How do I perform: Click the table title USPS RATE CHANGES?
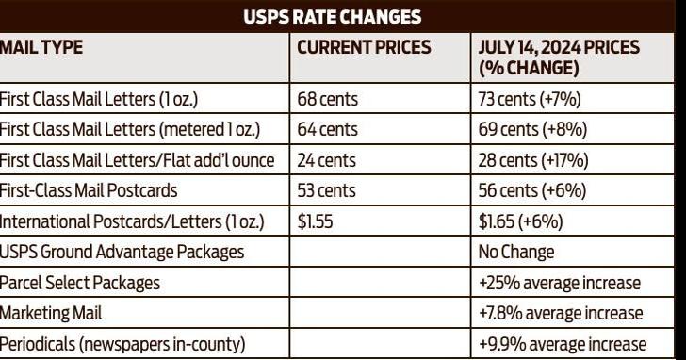coord(342,17)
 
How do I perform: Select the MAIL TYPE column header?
coord(41,47)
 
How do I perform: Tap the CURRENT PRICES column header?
coord(364,47)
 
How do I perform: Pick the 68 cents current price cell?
coord(327,98)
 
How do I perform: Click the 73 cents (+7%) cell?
coord(530,98)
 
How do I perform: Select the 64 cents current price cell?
coord(327,129)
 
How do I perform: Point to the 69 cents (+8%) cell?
coord(531,129)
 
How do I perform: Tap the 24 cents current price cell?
coord(327,160)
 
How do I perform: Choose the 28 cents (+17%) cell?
coord(533,160)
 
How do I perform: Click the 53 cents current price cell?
coord(327,190)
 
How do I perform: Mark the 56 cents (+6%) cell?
coord(531,190)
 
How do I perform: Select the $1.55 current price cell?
coord(316,221)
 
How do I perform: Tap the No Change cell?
coord(516,252)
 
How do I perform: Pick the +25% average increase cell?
coord(560,283)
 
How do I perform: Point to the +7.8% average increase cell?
coord(561,313)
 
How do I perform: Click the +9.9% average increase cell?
coord(563,344)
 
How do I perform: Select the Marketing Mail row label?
coord(51,313)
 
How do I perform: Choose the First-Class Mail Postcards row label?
coord(89,190)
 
